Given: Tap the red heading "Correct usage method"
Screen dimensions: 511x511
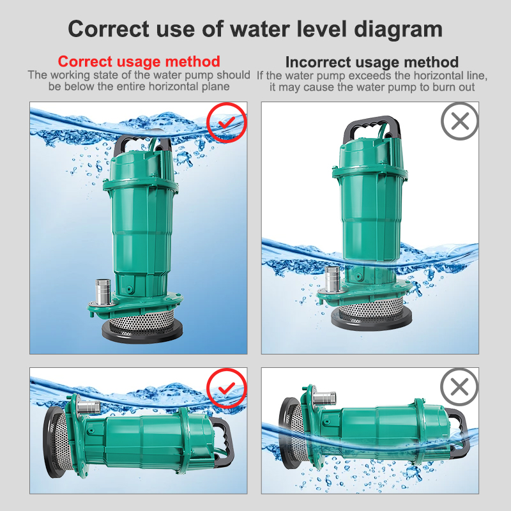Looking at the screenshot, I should pos(139,62).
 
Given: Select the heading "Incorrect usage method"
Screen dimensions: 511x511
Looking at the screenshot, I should pos(372,62).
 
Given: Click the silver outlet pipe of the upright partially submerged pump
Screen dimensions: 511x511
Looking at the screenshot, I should pos(332,281).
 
